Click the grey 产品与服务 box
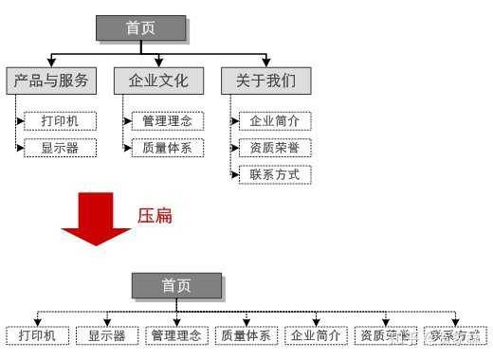coord(51,81)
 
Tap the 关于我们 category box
coord(259,81)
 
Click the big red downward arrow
coord(95,218)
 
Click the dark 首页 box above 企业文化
coord(140,27)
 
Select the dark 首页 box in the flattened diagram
coord(176,285)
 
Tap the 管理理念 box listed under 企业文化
coord(167,121)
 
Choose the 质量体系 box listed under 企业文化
coord(167,148)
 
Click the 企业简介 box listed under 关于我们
coord(275,121)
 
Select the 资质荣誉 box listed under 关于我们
coord(275,148)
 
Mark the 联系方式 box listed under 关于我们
coord(275,174)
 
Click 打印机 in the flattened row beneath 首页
coord(38,335)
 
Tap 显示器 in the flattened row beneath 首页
coord(107,335)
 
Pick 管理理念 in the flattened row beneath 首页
coord(176,335)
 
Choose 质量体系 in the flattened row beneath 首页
coord(246,335)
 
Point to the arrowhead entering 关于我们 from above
coord(260,63)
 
